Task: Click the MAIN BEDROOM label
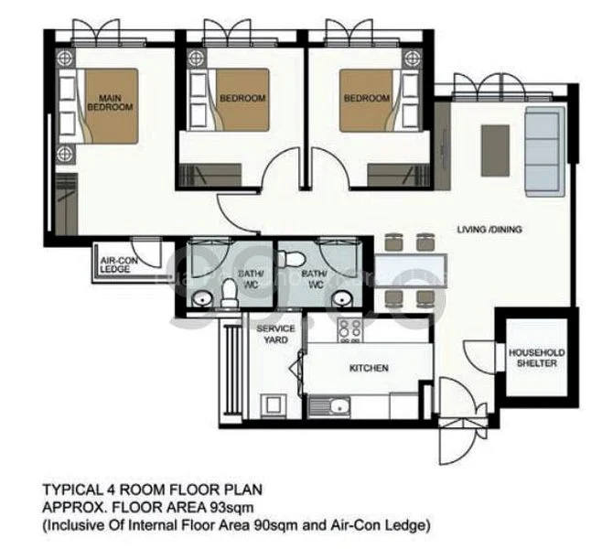point(110,102)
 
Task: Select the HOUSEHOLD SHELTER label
point(537,358)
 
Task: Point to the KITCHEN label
point(369,369)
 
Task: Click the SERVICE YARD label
point(275,334)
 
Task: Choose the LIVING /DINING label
point(489,230)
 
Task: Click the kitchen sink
point(329,405)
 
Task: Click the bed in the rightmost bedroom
point(371,99)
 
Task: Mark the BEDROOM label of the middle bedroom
point(242,98)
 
